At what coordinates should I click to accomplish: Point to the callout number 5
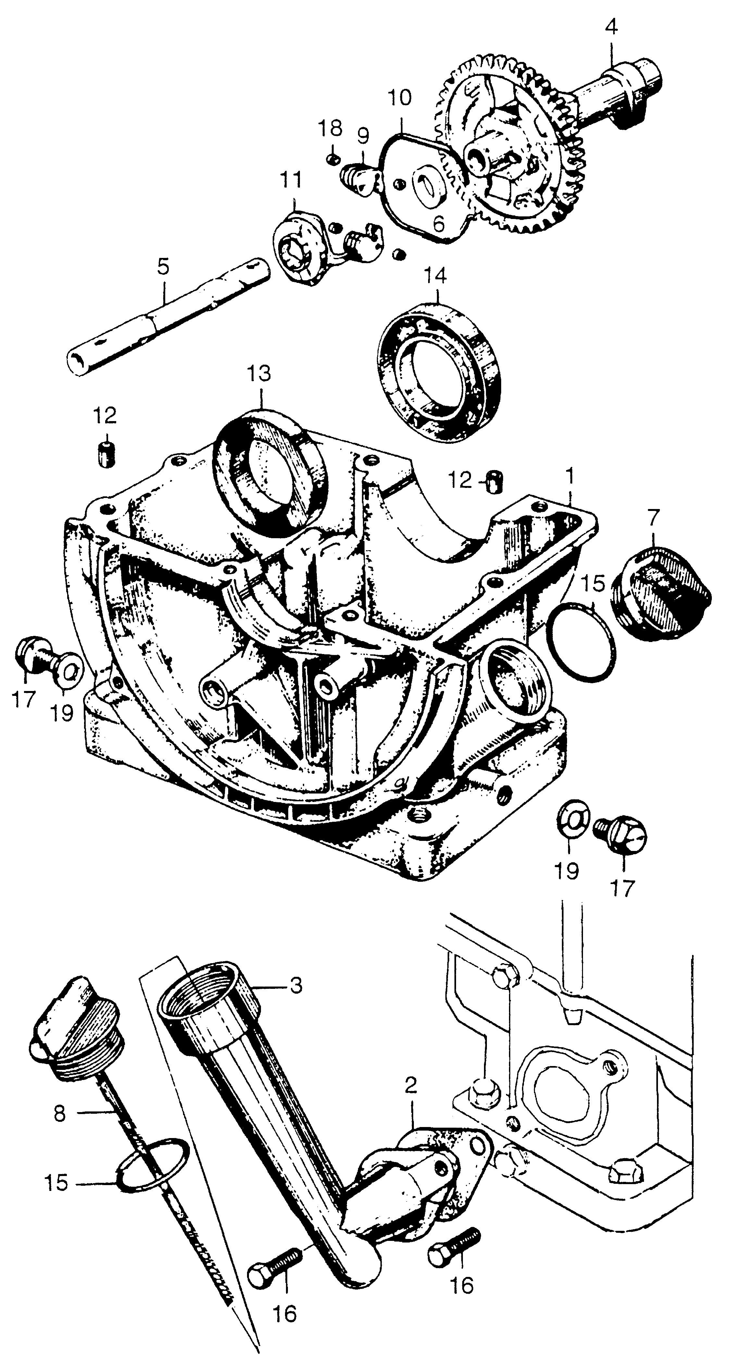[163, 266]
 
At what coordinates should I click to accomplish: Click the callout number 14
[436, 276]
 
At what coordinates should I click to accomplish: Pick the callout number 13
[259, 373]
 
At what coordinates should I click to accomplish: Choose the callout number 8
[60, 1114]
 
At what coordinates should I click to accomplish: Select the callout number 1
[570, 475]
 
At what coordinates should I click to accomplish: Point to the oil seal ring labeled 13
[267, 472]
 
